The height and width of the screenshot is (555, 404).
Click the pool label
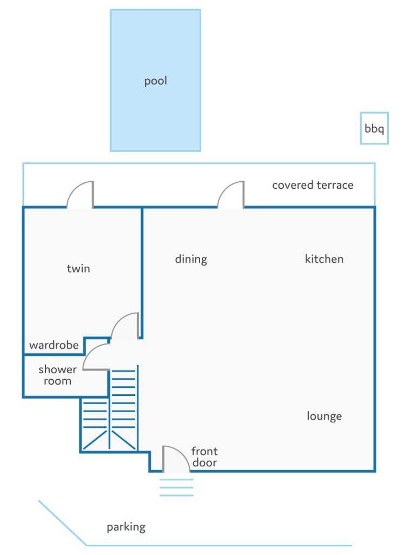tap(155, 81)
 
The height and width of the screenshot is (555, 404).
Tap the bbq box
tap(374, 128)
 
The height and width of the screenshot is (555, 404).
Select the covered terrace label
tap(313, 185)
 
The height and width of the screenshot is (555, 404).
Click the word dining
tap(191, 259)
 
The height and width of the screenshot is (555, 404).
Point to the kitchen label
tap(324, 259)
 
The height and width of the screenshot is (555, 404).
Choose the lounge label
tap(324, 416)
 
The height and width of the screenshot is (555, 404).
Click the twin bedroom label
tap(78, 268)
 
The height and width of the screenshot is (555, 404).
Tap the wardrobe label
tap(54, 345)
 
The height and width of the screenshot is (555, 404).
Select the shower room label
tap(57, 375)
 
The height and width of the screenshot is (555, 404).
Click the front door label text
tap(204, 457)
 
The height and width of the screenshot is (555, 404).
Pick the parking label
tap(126, 527)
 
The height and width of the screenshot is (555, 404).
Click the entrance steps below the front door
tap(176, 487)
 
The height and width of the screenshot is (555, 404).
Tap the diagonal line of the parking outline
tap(62, 523)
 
